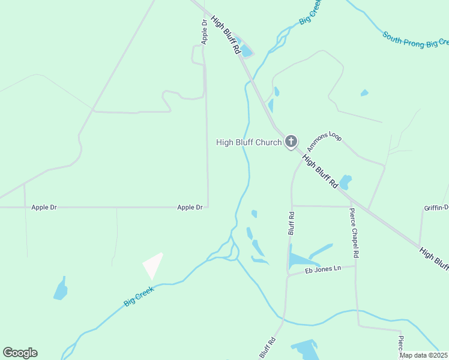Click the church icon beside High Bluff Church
[x=291, y=142]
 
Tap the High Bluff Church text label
[x=249, y=142]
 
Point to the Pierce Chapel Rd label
[x=355, y=233]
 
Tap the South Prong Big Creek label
[x=416, y=40]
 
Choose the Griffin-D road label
[x=436, y=208]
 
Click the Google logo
[x=20, y=353]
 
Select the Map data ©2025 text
[x=424, y=355]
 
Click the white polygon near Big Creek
[x=152, y=265]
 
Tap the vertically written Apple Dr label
[x=204, y=32]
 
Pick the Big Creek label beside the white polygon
[x=139, y=296]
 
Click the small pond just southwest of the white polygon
[x=61, y=289]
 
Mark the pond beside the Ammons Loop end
[x=345, y=181]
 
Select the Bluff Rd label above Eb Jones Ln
[x=291, y=223]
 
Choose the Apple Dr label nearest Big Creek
[x=190, y=207]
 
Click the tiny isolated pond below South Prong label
[x=364, y=93]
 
